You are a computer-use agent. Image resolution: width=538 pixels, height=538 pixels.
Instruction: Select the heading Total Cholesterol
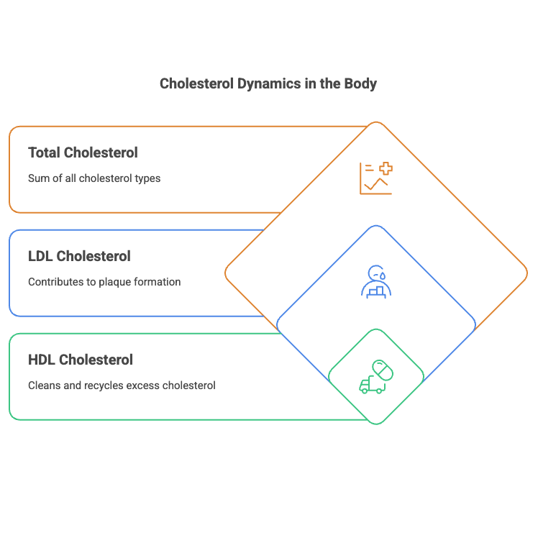(x=83, y=152)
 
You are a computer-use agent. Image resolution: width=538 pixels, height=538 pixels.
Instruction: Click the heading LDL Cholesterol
(x=79, y=256)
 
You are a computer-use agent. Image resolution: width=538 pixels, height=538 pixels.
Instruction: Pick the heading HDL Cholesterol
(x=81, y=360)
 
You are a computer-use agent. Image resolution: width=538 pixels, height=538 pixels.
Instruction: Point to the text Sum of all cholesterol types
(x=94, y=178)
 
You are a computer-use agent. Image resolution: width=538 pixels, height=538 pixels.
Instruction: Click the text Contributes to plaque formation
(x=104, y=281)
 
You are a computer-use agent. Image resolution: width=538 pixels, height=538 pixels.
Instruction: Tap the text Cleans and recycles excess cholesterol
(x=122, y=385)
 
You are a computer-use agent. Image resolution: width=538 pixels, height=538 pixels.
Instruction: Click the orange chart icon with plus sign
(x=376, y=178)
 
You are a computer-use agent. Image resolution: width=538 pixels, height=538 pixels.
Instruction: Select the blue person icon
(x=375, y=281)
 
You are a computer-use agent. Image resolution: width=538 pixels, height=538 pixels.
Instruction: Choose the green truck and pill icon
(x=376, y=377)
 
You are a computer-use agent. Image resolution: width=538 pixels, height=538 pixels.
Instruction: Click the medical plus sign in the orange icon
(x=386, y=169)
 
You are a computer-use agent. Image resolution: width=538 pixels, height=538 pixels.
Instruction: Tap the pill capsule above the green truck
(x=382, y=370)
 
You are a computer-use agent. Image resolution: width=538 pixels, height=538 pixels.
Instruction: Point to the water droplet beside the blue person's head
(x=383, y=275)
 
